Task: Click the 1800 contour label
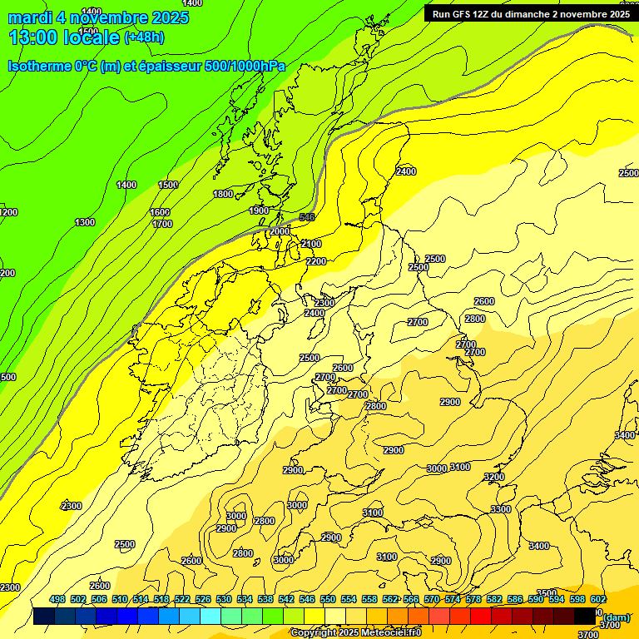(x=223, y=194)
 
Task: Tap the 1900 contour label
(x=259, y=211)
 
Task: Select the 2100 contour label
(x=310, y=244)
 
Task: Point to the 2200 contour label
(x=316, y=261)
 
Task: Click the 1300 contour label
(x=85, y=222)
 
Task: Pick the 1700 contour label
(x=162, y=224)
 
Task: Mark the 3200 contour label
(x=494, y=477)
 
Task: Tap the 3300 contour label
(x=501, y=509)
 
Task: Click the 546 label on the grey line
(x=307, y=217)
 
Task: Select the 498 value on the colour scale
(x=57, y=599)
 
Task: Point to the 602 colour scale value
(x=597, y=599)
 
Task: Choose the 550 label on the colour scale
(x=328, y=599)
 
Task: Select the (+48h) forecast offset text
(x=144, y=37)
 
